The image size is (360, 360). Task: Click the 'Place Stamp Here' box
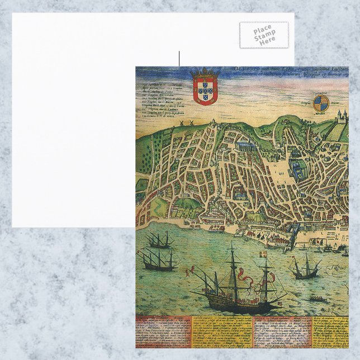[264, 35]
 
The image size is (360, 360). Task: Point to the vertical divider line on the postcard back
[179, 59]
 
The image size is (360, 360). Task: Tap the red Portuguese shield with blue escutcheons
[205, 90]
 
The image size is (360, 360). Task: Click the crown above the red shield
[205, 73]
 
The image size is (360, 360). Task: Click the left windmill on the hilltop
[183, 122]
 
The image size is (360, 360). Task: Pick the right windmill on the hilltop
[191, 122]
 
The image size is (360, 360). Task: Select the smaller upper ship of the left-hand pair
[159, 241]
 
